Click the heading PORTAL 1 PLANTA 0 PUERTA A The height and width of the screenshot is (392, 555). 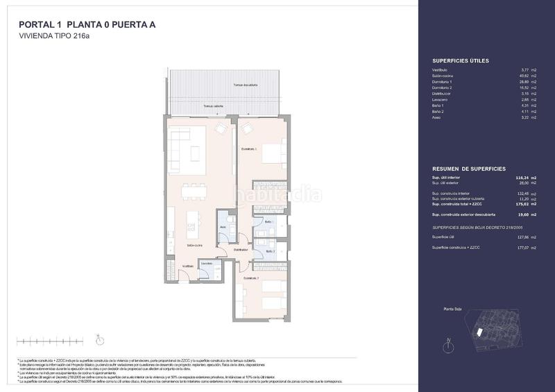coord(87,25)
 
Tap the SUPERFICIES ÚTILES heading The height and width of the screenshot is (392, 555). coord(460,61)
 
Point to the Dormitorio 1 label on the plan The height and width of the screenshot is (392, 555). coord(249,149)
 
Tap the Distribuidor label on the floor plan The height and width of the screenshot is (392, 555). coord(241,249)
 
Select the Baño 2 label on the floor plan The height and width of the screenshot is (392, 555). coord(268,251)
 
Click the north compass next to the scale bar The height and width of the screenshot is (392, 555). coord(99,340)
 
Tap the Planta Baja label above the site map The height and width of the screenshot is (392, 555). coord(452,309)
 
